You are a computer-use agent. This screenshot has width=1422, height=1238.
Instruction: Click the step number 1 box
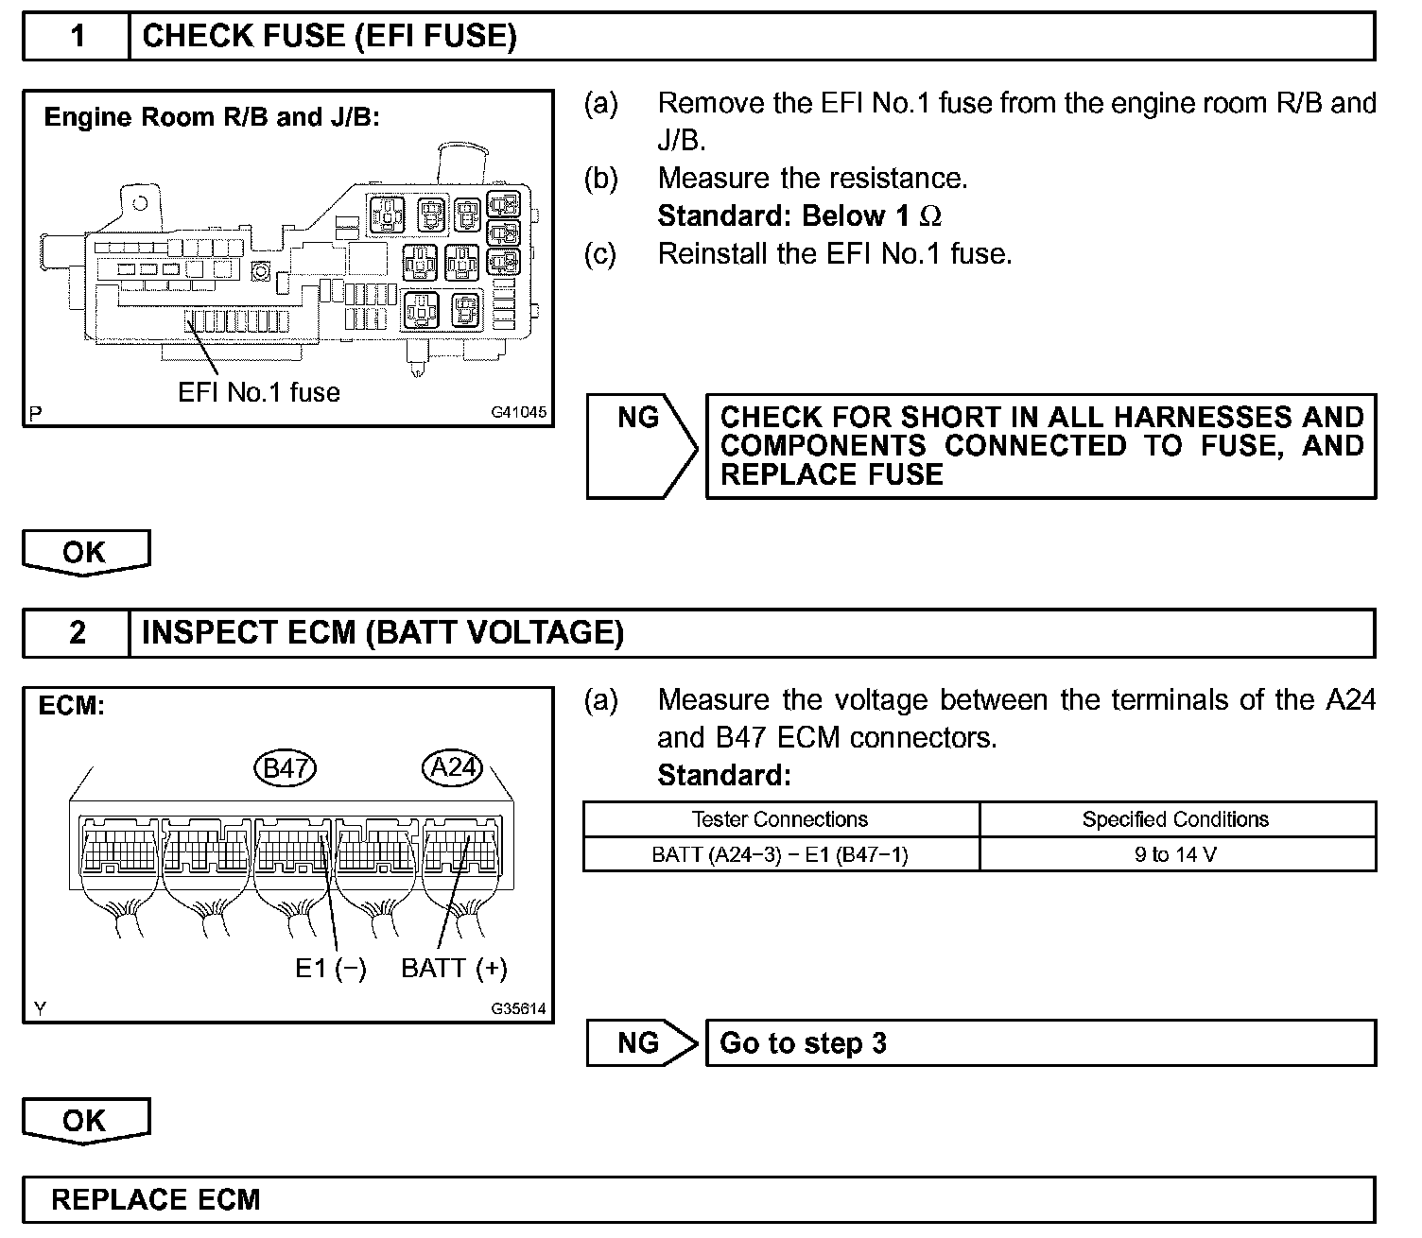[77, 37]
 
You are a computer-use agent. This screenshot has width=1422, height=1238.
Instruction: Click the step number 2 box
[77, 632]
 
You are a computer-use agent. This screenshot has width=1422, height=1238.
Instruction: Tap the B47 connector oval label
[286, 767]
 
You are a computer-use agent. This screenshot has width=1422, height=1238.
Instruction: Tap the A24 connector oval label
[452, 766]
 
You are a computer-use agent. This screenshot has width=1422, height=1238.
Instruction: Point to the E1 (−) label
[330, 969]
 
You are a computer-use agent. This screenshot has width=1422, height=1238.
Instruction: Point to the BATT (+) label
[454, 969]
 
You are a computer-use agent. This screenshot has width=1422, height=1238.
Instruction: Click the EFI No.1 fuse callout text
[258, 392]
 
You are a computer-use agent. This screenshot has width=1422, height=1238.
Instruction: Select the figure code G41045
[518, 412]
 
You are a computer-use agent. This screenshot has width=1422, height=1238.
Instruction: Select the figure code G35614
[518, 1008]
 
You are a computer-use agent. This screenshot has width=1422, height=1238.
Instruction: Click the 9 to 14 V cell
[1176, 854]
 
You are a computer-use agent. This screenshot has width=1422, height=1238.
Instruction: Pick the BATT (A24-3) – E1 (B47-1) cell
[780, 854]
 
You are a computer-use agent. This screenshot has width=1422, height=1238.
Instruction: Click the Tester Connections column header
[780, 819]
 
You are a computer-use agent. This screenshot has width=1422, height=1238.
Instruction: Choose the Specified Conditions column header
[1176, 819]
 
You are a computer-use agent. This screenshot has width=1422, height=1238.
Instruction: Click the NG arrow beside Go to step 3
[640, 1043]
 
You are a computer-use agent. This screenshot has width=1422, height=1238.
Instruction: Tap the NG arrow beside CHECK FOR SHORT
[640, 445]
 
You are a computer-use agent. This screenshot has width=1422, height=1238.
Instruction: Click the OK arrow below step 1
[85, 552]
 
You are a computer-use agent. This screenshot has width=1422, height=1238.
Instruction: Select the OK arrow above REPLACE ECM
[85, 1121]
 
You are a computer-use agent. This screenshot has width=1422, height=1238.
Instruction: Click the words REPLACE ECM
[155, 1200]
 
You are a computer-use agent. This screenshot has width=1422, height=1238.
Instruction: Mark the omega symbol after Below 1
[930, 216]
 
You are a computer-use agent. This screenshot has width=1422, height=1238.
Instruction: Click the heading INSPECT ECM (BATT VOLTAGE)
[382, 632]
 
